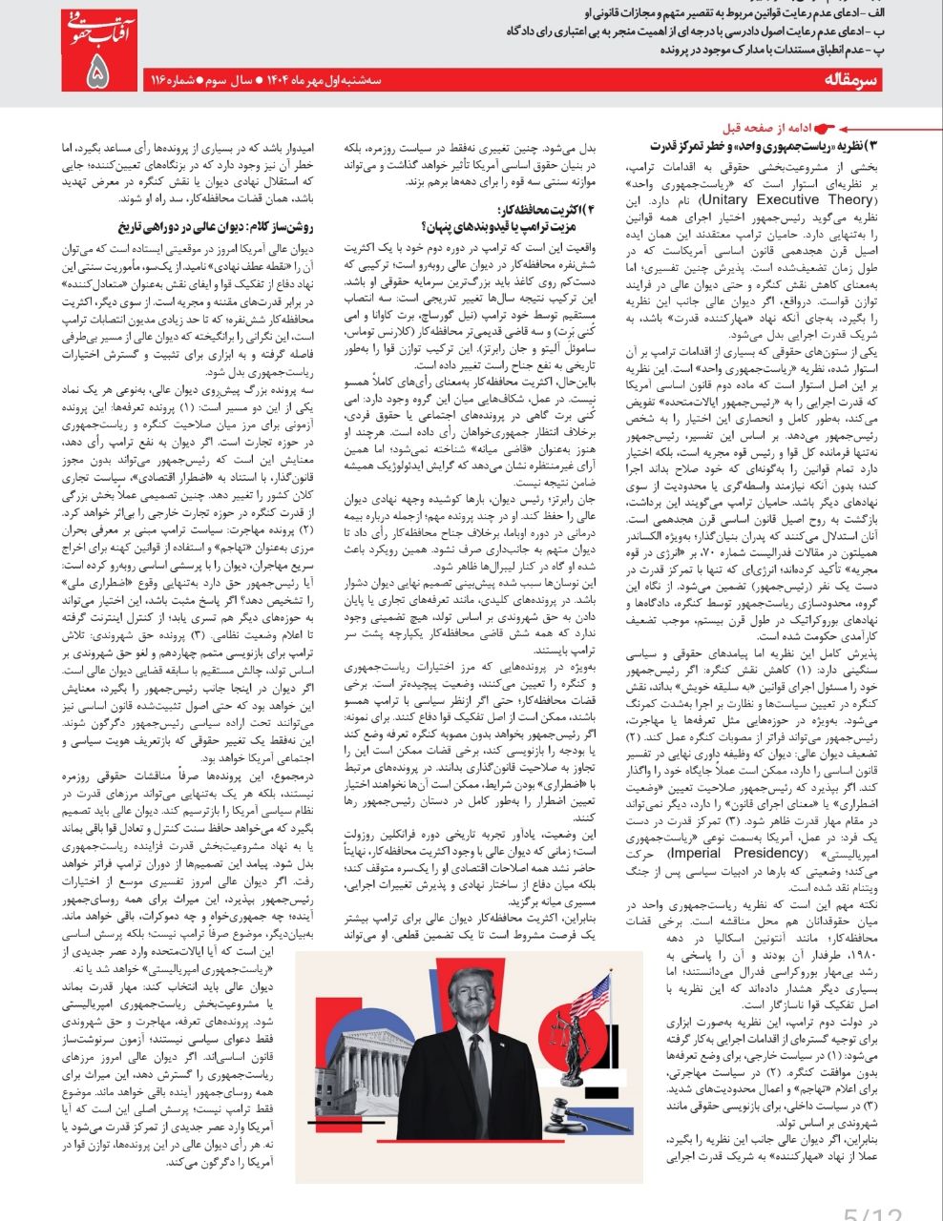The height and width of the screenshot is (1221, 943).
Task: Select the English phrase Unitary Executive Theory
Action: tap(786, 200)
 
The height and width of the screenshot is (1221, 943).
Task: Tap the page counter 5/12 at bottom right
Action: tap(872, 1211)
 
